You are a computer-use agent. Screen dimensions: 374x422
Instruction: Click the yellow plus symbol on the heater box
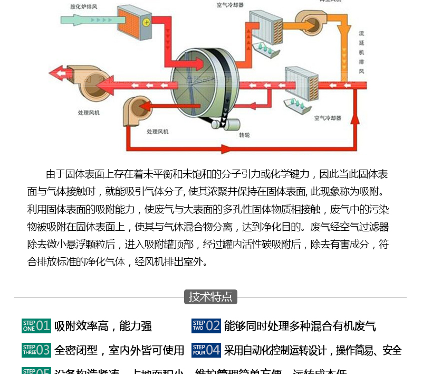coord(146,22)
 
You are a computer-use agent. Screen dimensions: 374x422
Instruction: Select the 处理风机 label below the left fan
coord(89,113)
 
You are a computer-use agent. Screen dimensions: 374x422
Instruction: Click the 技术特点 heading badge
coord(210,296)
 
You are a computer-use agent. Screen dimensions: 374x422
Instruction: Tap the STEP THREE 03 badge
coord(36,350)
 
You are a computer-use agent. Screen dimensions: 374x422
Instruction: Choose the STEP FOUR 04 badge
coord(206,350)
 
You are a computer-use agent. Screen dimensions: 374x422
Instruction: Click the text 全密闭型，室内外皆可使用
coord(119,350)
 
